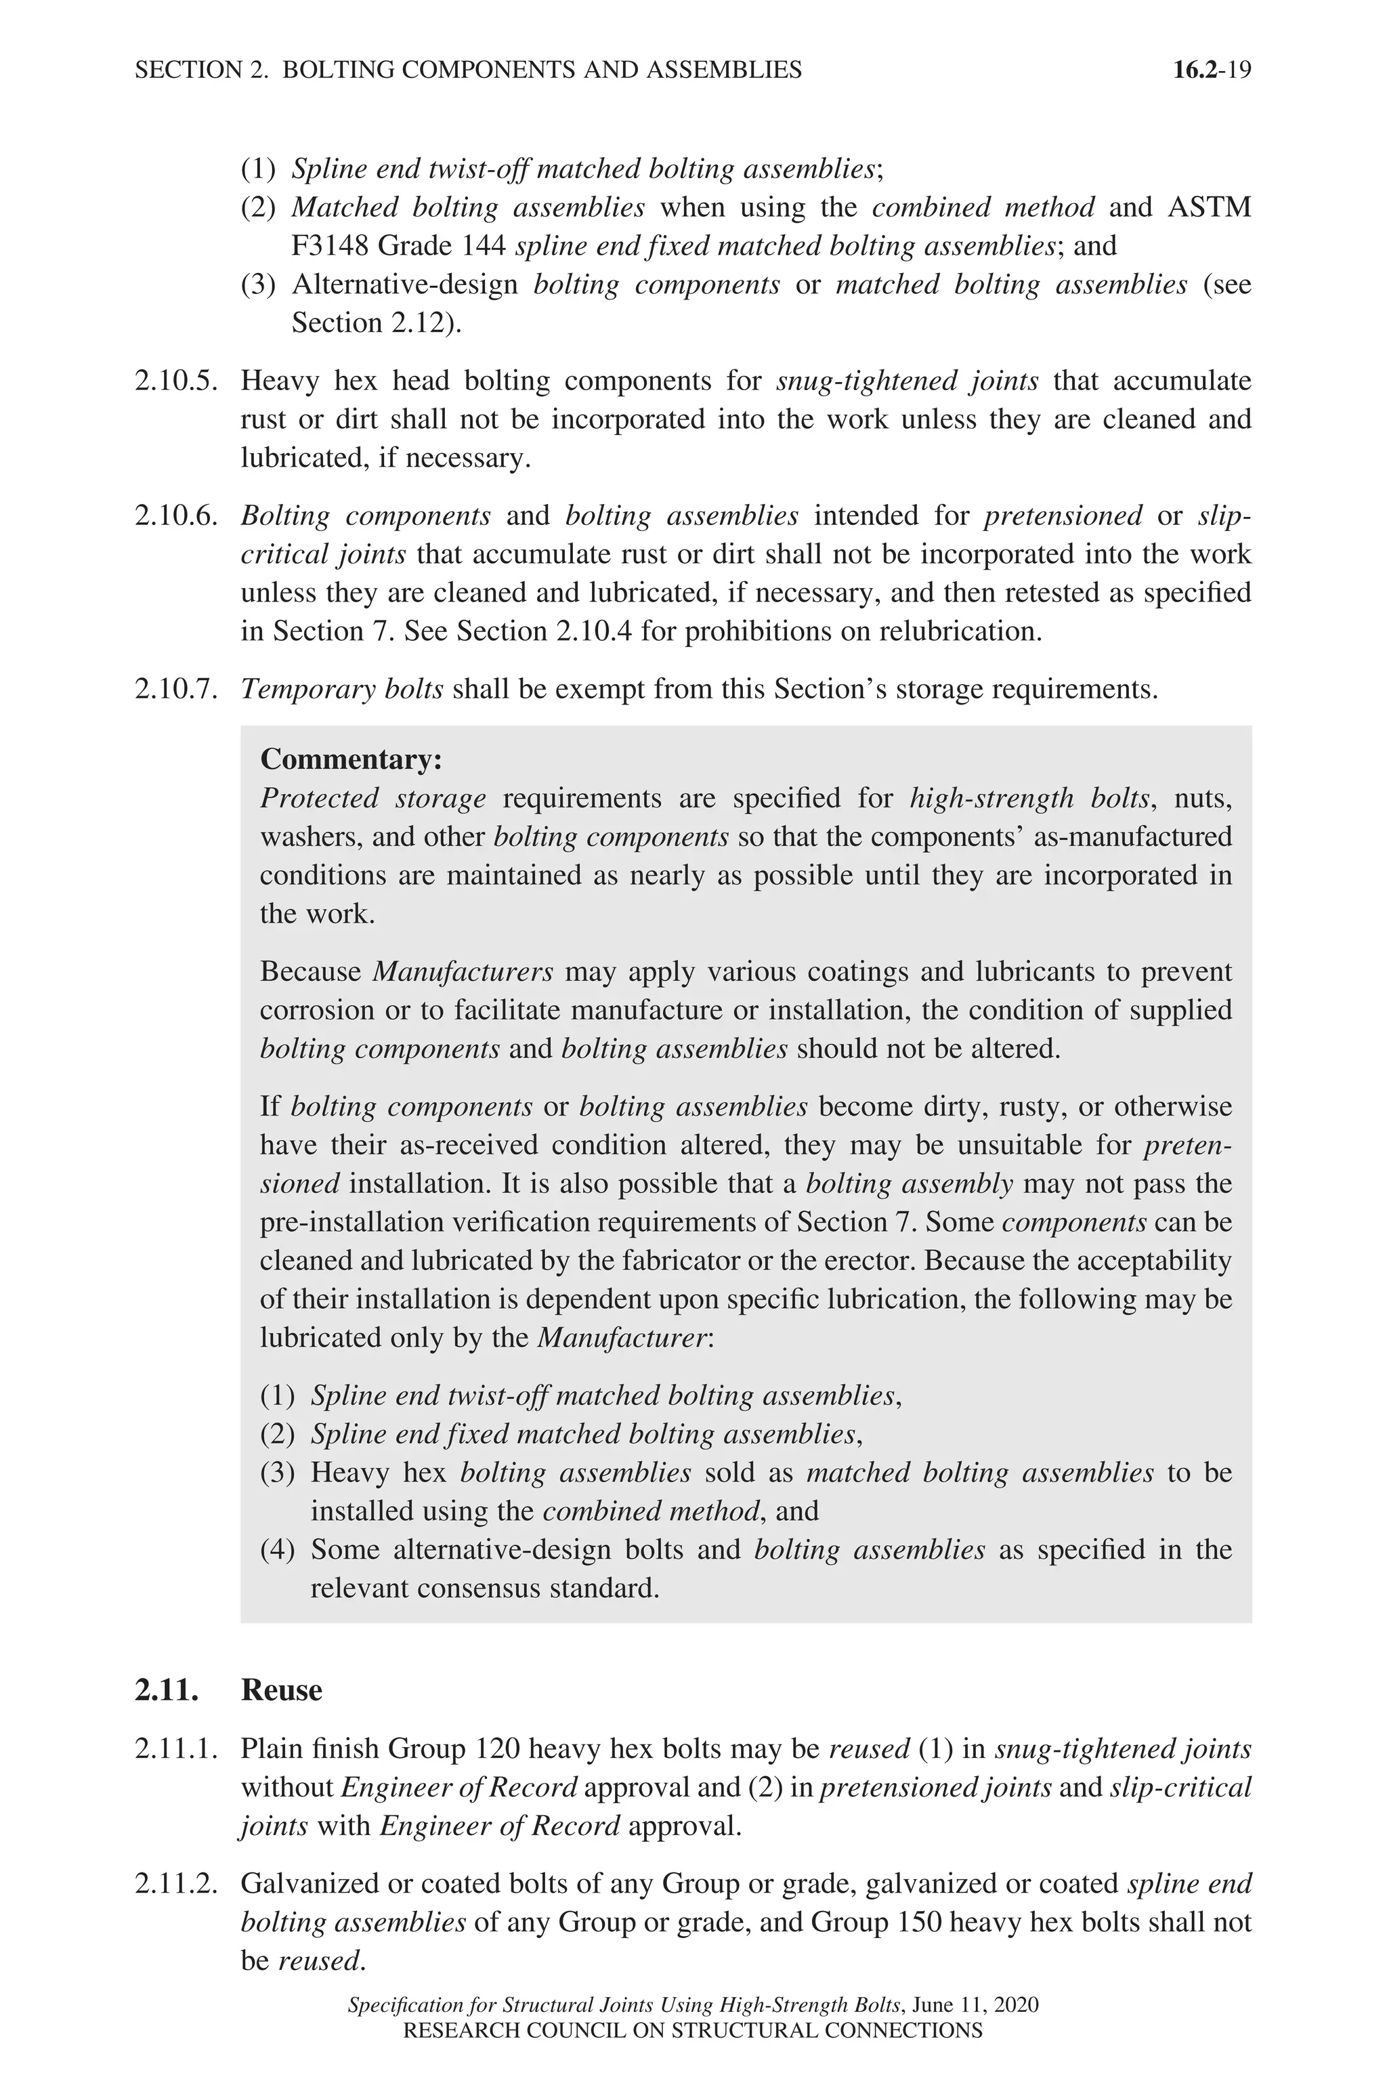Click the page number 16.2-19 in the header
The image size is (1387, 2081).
(1211, 70)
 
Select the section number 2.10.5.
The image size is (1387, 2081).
(175, 381)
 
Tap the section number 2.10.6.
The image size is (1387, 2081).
(175, 516)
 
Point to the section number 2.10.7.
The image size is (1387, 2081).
(175, 688)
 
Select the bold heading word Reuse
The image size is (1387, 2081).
(281, 1690)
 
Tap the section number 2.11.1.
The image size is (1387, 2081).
(175, 1749)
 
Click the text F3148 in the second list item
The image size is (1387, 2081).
(330, 245)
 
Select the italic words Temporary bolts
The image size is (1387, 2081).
(341, 688)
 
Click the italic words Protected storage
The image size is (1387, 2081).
(372, 798)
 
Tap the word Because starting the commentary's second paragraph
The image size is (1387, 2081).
(310, 971)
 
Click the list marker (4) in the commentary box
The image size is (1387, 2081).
(277, 1549)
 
